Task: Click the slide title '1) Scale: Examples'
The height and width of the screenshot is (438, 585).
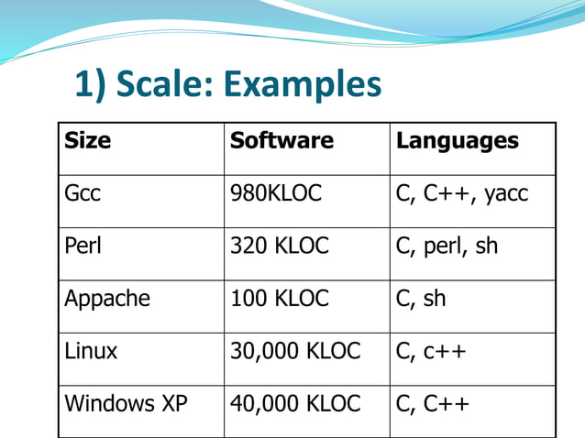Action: tap(227, 85)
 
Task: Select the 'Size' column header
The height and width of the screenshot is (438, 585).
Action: tap(88, 141)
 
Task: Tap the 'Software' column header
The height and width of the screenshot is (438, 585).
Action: tap(281, 141)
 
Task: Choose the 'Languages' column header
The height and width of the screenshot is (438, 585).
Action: tap(458, 141)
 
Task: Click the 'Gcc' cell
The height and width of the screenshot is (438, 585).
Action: tap(83, 194)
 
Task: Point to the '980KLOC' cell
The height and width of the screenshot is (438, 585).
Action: tap(276, 194)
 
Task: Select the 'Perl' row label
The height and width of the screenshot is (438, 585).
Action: tap(83, 246)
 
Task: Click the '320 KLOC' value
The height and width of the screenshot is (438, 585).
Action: tap(279, 246)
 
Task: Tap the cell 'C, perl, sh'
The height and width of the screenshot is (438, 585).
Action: tap(447, 246)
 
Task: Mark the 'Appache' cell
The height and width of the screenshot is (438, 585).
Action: tap(107, 299)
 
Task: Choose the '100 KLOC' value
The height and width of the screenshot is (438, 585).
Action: tap(279, 299)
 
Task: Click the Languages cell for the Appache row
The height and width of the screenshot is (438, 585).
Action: tap(422, 299)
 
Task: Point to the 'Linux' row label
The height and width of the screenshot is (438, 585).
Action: tap(91, 351)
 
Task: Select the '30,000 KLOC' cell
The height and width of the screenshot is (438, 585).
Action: tap(295, 351)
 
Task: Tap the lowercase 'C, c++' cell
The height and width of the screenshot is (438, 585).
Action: tap(431, 351)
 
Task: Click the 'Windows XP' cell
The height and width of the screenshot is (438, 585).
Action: tap(125, 403)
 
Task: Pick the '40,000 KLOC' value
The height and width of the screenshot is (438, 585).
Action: tap(295, 403)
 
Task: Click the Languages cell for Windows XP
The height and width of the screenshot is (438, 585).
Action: tap(433, 403)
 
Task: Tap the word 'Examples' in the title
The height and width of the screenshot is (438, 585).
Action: tap(303, 85)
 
